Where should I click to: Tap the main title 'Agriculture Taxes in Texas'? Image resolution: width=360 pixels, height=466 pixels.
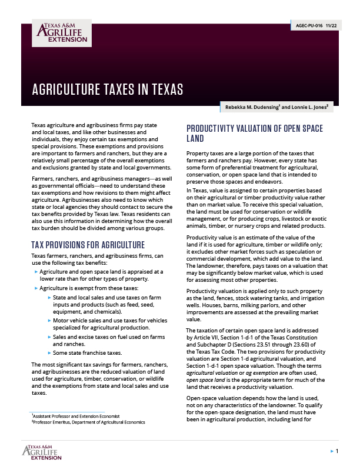[107, 90]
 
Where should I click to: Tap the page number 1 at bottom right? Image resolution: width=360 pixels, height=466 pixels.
[337, 451]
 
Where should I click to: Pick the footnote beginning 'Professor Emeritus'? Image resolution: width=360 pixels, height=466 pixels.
[88, 422]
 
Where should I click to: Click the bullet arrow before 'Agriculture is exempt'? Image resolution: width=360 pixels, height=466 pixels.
[36, 289]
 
